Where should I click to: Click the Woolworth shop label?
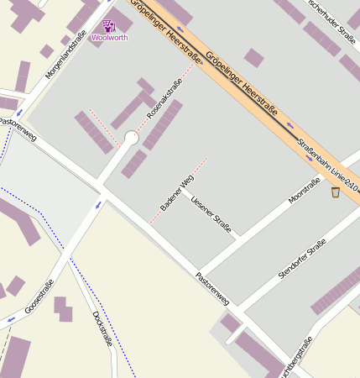109,38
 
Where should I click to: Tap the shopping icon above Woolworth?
108,26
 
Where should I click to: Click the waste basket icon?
336,192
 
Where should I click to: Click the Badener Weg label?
177,193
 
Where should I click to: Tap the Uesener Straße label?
211,213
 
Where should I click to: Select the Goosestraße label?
39,296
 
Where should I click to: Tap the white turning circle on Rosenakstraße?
131,137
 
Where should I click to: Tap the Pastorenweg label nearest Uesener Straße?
211,288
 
